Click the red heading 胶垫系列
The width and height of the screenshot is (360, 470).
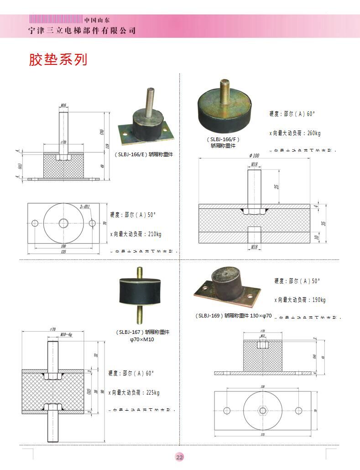tap(58, 59)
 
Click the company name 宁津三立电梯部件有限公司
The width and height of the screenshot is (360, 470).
tap(82, 31)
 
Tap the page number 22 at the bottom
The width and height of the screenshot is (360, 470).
tap(179, 457)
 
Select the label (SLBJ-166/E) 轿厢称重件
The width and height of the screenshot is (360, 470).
tap(144, 155)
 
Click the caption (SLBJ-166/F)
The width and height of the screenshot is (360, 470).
tap(223, 139)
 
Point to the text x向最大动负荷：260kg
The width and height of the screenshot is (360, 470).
tap(295, 133)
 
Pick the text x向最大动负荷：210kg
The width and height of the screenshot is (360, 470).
tap(136, 234)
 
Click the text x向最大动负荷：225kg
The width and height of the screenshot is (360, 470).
tap(134, 393)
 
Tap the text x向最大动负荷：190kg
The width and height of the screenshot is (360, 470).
tap(300, 300)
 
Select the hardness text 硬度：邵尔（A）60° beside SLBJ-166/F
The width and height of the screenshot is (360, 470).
tap(292, 114)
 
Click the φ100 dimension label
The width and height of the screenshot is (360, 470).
tap(254, 156)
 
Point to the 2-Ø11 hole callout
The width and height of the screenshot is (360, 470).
tap(85, 206)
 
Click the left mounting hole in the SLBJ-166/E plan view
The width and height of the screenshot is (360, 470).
tap(35, 223)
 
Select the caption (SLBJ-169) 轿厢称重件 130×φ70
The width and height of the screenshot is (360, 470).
tap(233, 316)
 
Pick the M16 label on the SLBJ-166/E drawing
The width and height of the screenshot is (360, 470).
tap(63, 106)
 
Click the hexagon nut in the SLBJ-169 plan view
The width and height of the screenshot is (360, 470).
tap(262, 410)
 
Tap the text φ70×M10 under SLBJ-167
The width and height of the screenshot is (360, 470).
tap(142, 340)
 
